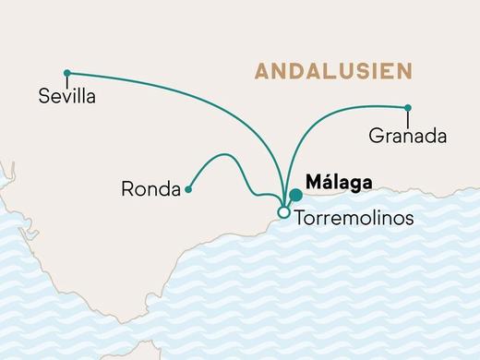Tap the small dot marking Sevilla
[x=66, y=73]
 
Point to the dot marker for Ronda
[x=188, y=190]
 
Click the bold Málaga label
[x=338, y=183]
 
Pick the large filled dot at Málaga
[x=295, y=195]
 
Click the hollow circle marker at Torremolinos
[x=283, y=213]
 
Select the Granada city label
[x=407, y=137]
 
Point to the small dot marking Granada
[x=408, y=106]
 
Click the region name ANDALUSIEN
[x=333, y=71]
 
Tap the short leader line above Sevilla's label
[x=66, y=80]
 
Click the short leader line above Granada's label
[x=408, y=116]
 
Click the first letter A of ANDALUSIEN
[x=262, y=71]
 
